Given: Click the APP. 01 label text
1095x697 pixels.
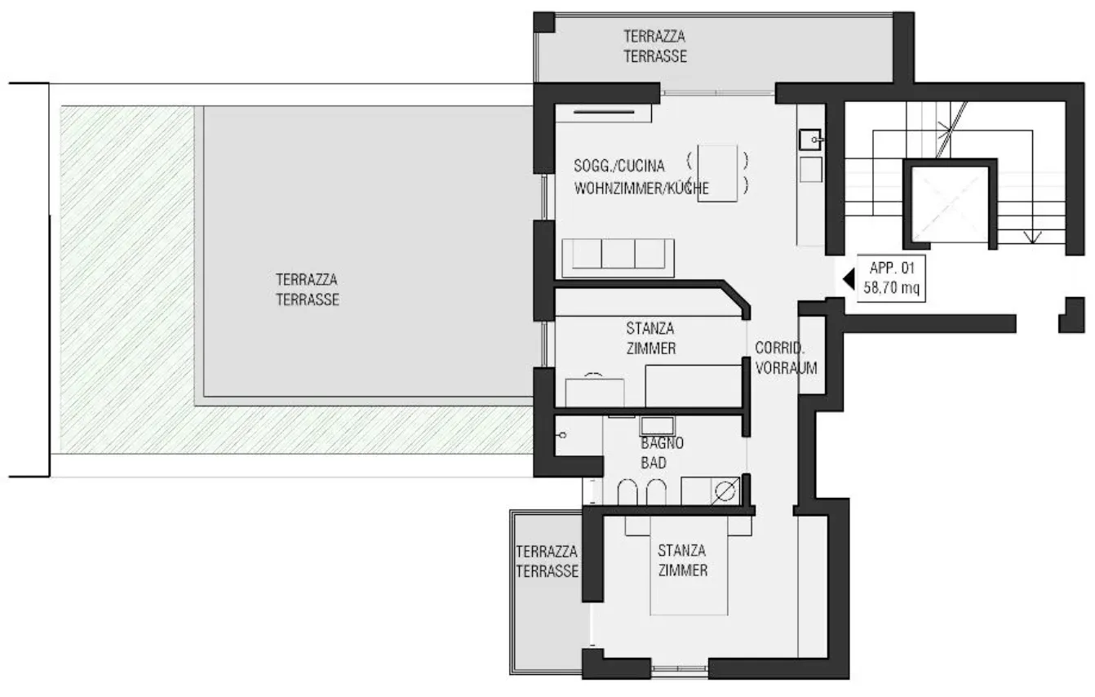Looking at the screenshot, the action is [x=892, y=268].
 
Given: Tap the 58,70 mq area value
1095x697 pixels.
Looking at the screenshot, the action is [x=891, y=287].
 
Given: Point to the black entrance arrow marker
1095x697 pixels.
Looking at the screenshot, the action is [x=849, y=279].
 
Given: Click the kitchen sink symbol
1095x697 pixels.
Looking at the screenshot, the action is [x=810, y=140].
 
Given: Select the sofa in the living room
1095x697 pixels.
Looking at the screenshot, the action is [x=618, y=258].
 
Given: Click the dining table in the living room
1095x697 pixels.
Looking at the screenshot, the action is [x=717, y=173].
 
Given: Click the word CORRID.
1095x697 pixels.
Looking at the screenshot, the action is [x=779, y=348].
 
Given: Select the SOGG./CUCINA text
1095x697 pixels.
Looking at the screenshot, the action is [x=618, y=166].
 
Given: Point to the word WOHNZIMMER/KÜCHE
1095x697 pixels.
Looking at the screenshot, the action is [x=641, y=189].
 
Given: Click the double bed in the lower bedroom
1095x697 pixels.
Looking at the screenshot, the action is [x=689, y=566].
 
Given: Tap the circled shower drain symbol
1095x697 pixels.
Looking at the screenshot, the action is [x=725, y=491].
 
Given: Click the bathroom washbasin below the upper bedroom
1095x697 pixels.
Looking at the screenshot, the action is [x=658, y=426].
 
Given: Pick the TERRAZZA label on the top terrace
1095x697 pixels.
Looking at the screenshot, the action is [x=654, y=36].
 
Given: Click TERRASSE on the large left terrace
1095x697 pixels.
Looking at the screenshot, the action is [x=308, y=300].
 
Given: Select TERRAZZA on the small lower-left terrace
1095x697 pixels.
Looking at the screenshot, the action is [x=547, y=552].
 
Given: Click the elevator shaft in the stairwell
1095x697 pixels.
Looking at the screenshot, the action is [x=949, y=203].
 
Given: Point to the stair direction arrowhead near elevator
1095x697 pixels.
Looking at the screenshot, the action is [x=1031, y=238].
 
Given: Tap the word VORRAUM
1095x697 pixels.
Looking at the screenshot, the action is [x=786, y=368].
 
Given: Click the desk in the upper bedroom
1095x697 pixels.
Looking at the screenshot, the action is [x=595, y=393].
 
